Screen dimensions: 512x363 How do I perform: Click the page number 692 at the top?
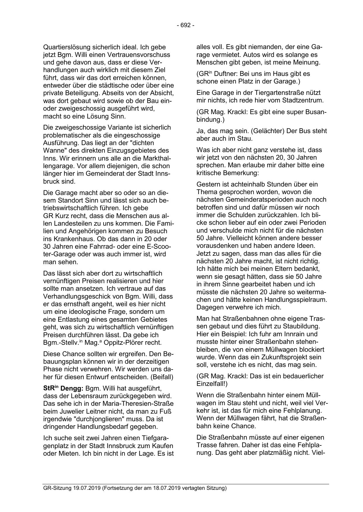coord(185,25)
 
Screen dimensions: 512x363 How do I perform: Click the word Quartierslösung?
coord(67,47)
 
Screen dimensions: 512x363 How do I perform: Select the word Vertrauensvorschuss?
coord(142,55)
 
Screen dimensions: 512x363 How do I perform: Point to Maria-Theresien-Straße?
coord(142,404)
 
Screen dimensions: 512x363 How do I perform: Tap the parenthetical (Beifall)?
coord(162,377)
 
